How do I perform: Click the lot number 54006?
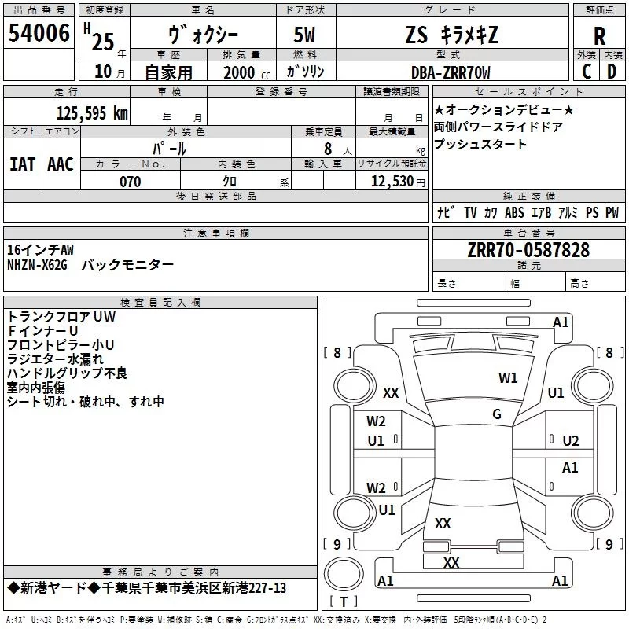(39, 33)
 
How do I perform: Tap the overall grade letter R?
(599, 36)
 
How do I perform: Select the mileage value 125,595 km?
(92, 113)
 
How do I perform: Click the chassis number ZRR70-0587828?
(528, 250)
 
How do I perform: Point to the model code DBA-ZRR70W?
(451, 72)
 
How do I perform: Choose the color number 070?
(131, 182)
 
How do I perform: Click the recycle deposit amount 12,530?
(392, 182)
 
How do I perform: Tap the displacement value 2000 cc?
(247, 72)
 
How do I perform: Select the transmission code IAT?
(22, 164)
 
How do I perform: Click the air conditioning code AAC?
(61, 164)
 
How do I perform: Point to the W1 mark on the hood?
(508, 378)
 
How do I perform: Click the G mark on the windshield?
(497, 414)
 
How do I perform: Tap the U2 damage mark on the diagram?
(571, 441)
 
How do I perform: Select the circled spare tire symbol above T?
(344, 574)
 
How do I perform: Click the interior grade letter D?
(612, 72)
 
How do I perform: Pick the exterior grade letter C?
(587, 72)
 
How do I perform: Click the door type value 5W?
(304, 35)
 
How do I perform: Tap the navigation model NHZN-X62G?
(37, 265)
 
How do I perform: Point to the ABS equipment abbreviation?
(514, 212)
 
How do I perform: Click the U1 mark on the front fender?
(556, 392)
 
